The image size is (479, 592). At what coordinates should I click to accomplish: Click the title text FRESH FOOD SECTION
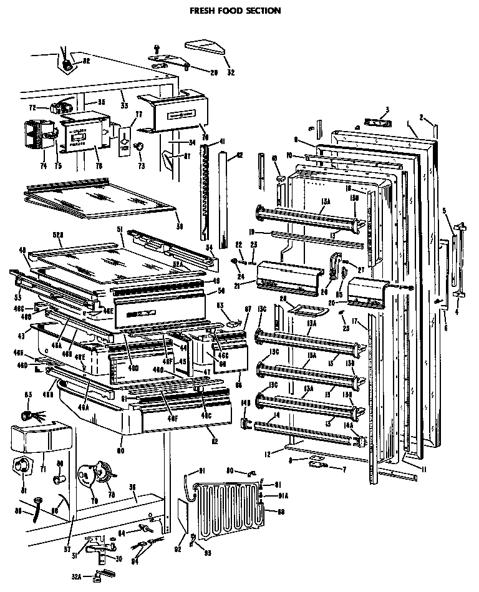[235, 11]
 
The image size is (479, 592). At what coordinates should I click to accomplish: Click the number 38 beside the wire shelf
[180, 226]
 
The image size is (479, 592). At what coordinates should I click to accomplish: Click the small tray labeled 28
[306, 310]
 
